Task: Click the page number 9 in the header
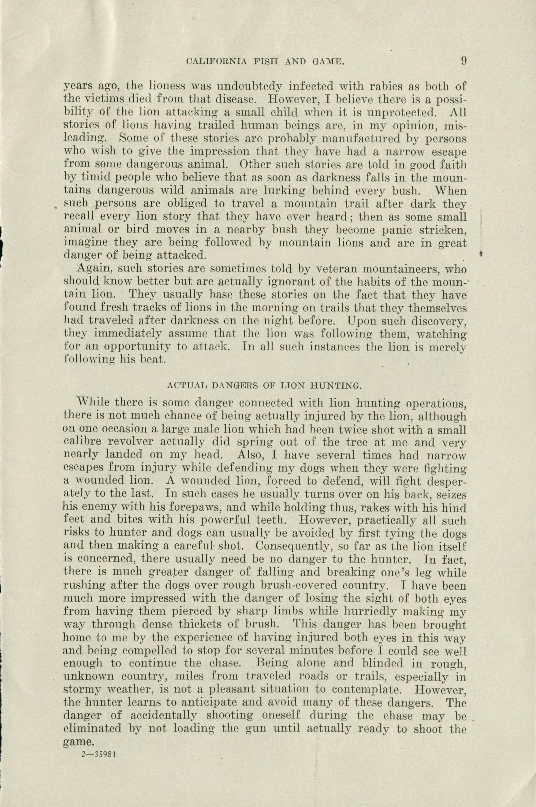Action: [463, 61]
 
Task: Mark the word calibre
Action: [78, 443]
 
